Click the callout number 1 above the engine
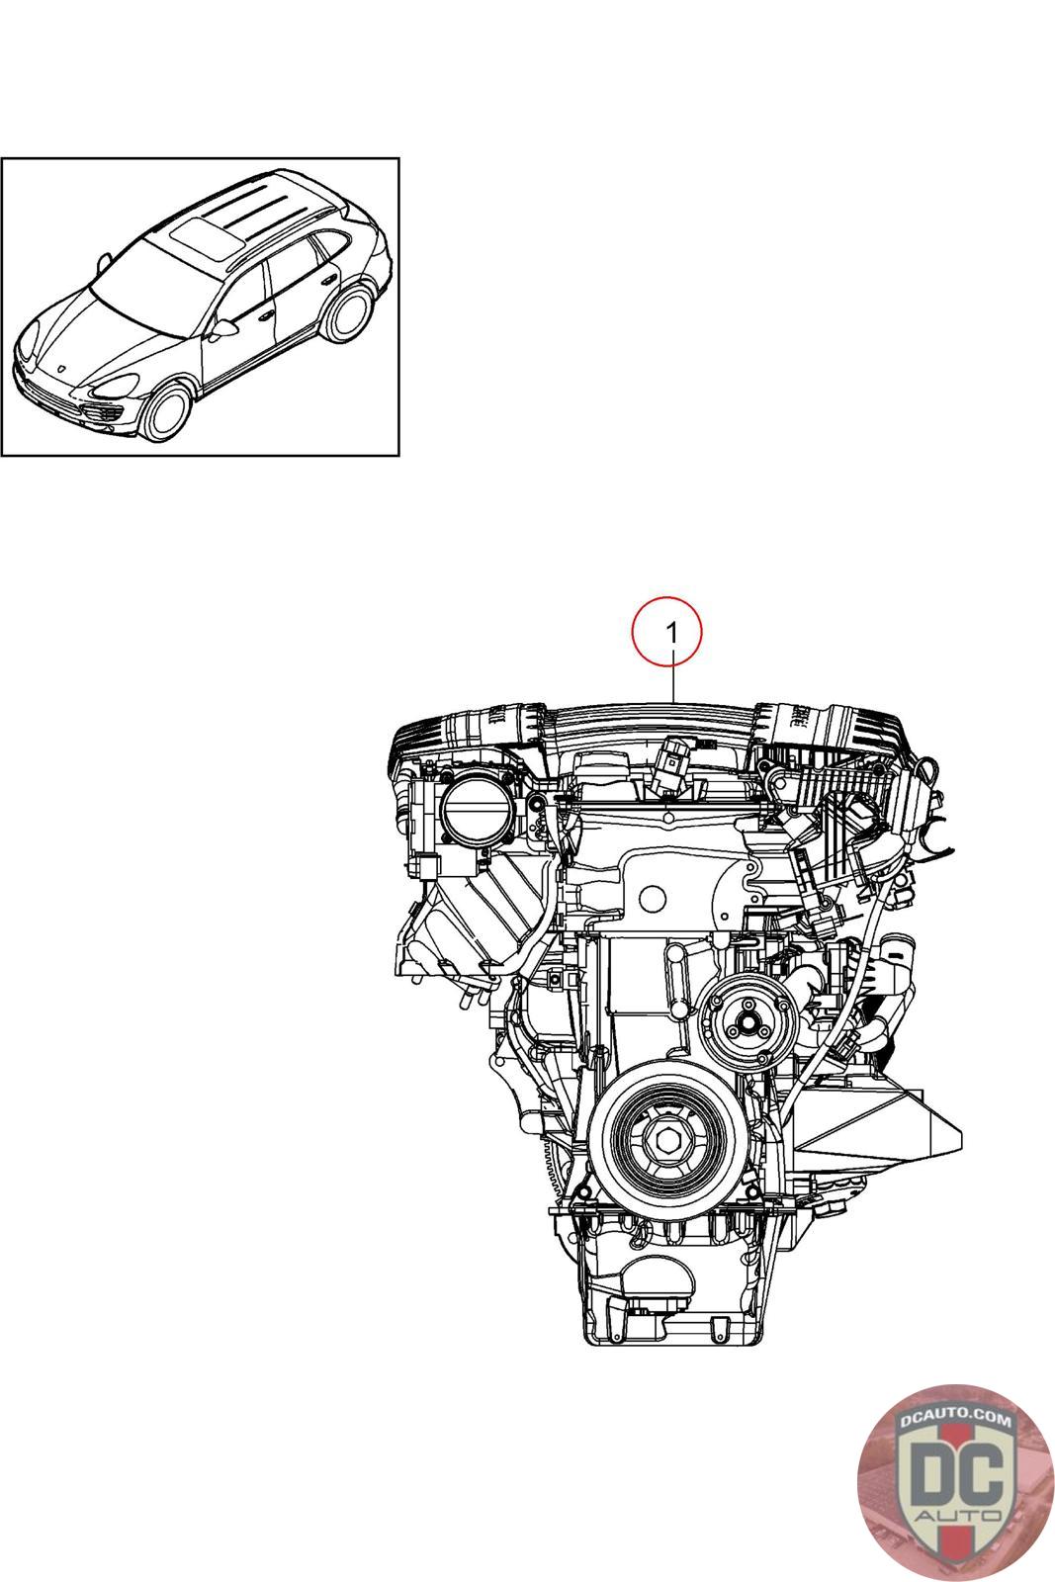(x=673, y=632)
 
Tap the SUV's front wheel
(x=167, y=411)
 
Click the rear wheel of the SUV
(x=347, y=312)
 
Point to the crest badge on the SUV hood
(x=62, y=370)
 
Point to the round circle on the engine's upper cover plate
(x=652, y=899)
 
